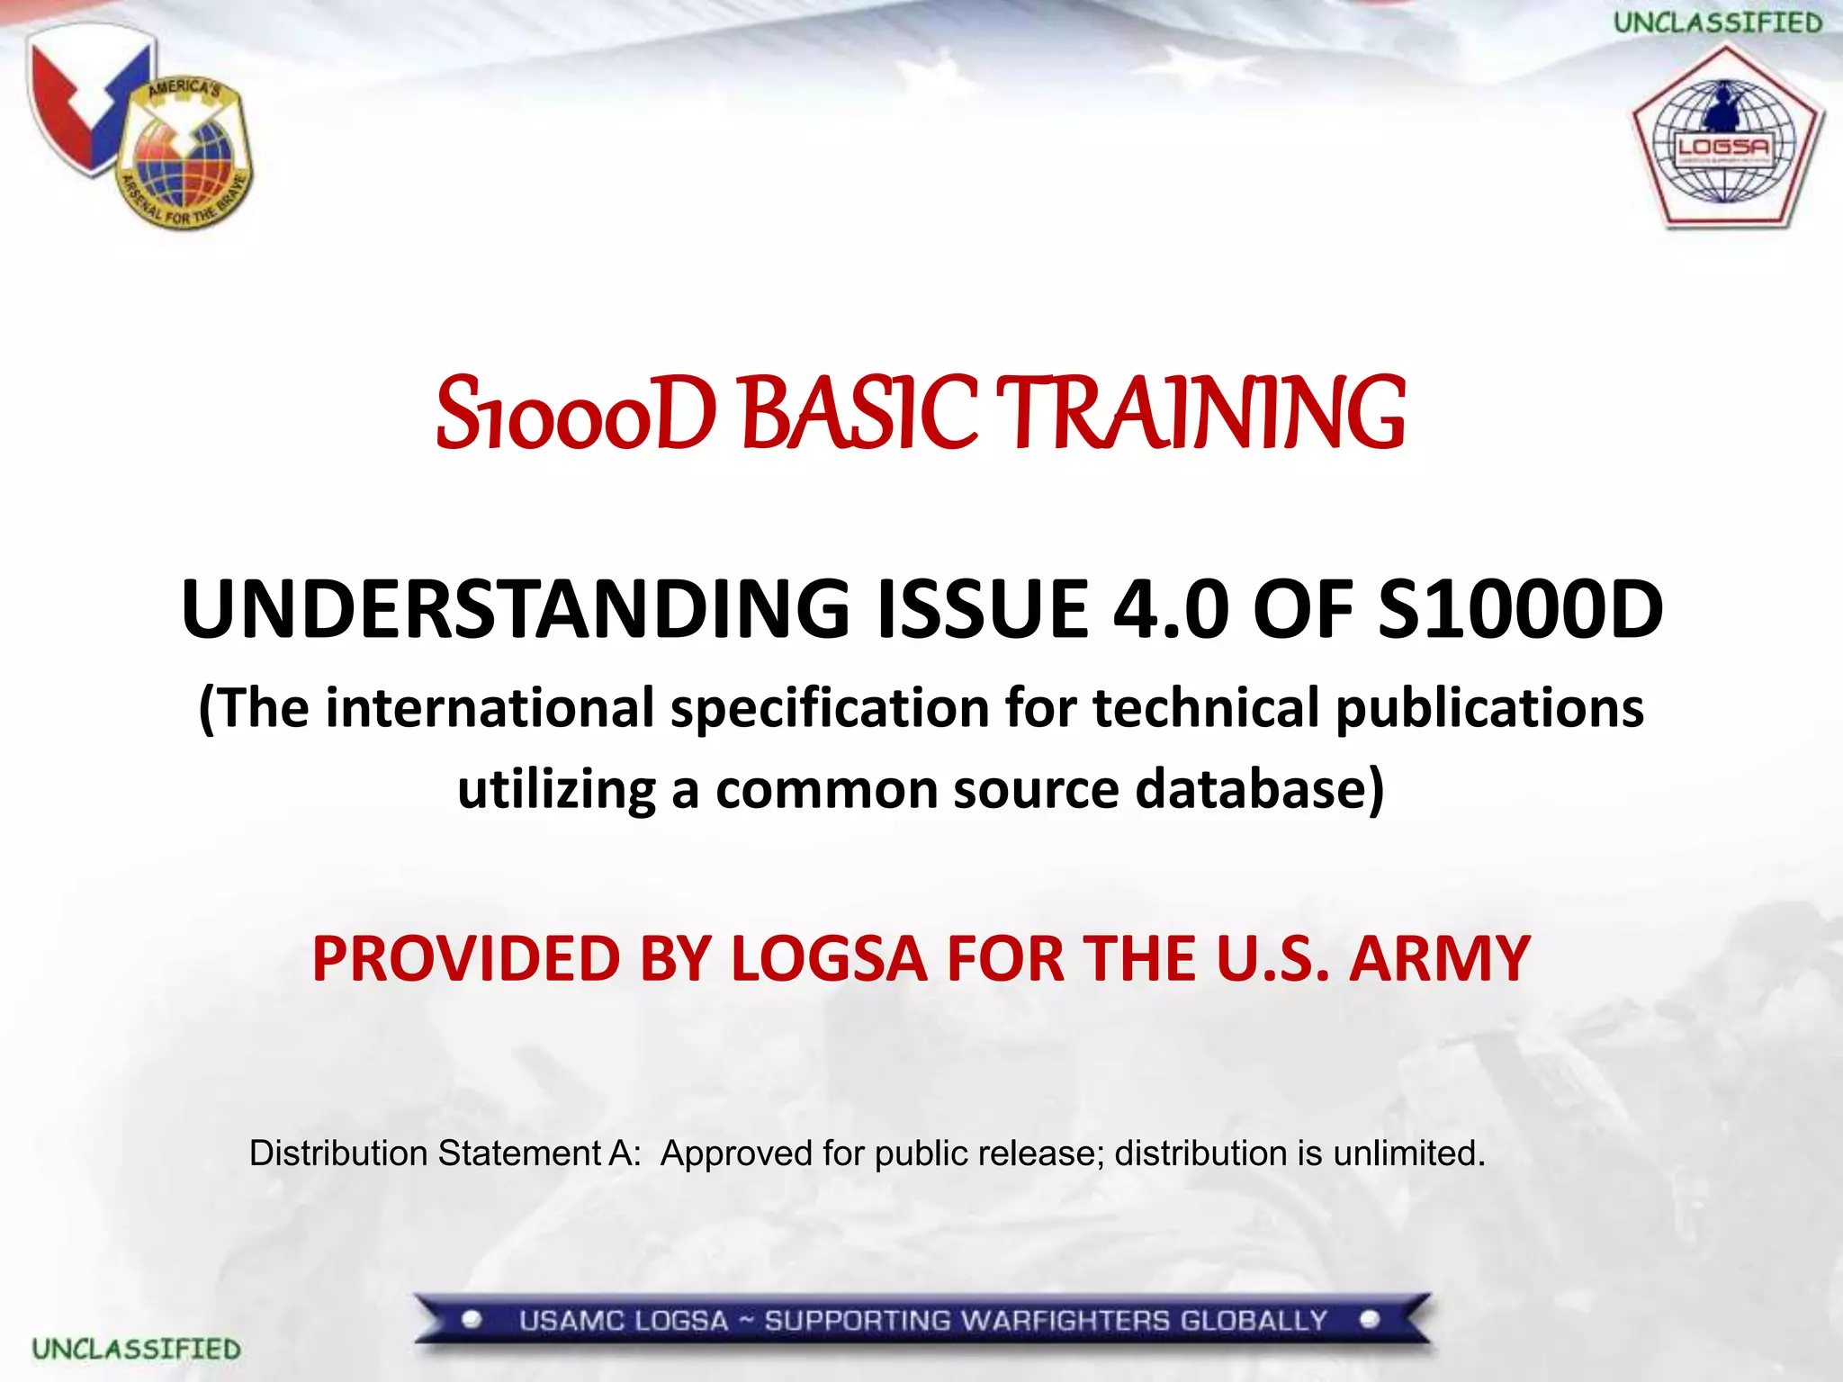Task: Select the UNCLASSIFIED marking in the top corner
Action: click(1717, 22)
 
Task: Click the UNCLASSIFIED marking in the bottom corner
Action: click(137, 1349)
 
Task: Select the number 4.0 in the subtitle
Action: click(1171, 609)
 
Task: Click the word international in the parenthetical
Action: click(490, 707)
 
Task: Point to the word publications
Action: click(1489, 707)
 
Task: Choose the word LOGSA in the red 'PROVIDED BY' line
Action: click(829, 958)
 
